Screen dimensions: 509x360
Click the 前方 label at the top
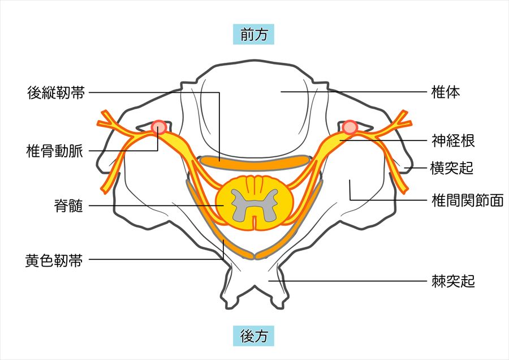253,34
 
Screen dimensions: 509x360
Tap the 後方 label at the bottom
253,336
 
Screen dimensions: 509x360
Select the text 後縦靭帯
56,93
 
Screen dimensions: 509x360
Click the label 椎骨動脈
54,151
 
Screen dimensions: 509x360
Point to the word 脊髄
69,205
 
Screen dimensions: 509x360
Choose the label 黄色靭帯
54,260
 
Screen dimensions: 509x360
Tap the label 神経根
453,140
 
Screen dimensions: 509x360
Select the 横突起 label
451,168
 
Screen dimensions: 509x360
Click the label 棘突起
453,281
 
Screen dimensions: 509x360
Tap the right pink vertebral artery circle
350,127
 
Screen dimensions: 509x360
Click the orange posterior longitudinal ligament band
255,163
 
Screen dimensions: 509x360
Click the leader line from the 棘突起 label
347,281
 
